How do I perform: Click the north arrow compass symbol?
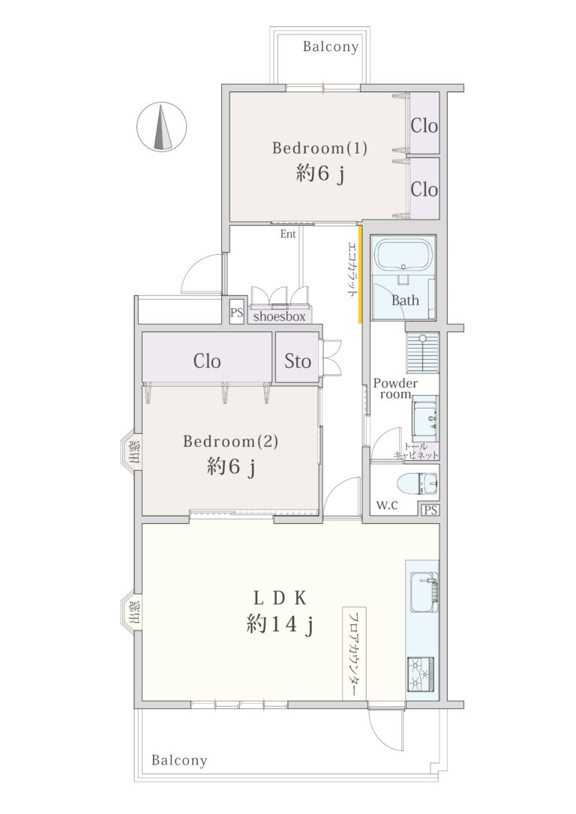161,127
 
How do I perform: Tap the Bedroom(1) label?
320,148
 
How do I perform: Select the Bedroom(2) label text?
230,441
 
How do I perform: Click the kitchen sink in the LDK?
423,592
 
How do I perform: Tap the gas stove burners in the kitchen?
420,674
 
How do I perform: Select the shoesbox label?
280,316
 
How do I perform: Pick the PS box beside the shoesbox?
237,313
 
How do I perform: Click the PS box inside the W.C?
430,510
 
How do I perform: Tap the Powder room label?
395,388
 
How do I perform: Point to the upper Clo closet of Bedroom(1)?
424,124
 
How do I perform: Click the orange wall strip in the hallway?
359,274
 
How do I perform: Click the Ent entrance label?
288,234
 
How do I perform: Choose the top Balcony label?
331,46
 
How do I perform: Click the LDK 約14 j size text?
280,624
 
